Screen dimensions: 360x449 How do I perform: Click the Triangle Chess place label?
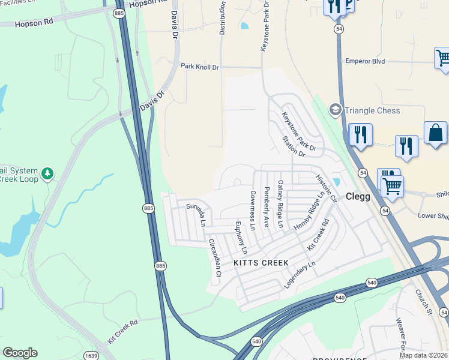(x=372, y=110)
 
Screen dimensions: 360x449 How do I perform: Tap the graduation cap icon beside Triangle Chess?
(x=335, y=110)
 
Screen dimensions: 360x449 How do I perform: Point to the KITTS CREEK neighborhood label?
(x=261, y=263)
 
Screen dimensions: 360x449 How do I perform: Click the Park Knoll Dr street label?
(x=200, y=67)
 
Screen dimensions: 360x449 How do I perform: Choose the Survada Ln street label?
(x=197, y=213)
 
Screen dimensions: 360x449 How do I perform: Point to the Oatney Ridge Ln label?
(x=280, y=204)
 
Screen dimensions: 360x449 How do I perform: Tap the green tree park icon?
(x=47, y=174)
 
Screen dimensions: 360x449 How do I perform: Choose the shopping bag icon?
(x=435, y=134)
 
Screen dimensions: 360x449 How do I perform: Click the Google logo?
(x=20, y=352)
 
